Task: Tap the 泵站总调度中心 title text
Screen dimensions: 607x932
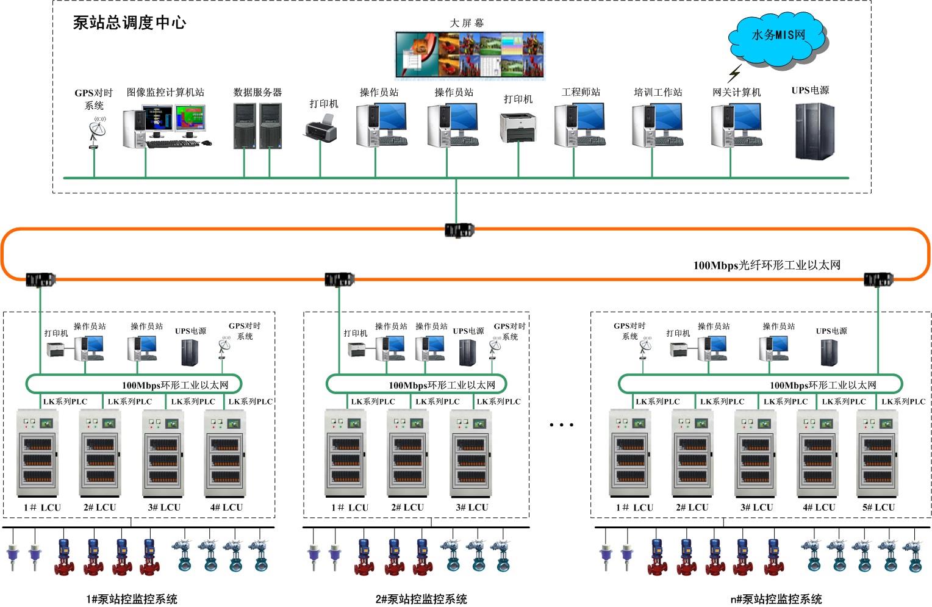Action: pyautogui.click(x=129, y=23)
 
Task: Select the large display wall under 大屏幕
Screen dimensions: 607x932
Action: pyautogui.click(x=469, y=55)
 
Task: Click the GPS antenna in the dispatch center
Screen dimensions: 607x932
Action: pyautogui.click(x=96, y=131)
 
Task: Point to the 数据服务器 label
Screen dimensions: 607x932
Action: pyautogui.click(x=257, y=93)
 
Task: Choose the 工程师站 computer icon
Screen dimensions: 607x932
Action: pyautogui.click(x=580, y=124)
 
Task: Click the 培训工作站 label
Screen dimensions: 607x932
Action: pyautogui.click(x=658, y=93)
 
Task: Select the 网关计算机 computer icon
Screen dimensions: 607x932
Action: pyautogui.click(x=736, y=124)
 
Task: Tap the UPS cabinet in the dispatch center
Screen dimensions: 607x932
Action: pyautogui.click(x=814, y=131)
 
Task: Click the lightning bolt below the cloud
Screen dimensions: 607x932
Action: pyautogui.click(x=734, y=74)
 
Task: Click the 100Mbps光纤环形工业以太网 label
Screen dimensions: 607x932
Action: pyautogui.click(x=767, y=265)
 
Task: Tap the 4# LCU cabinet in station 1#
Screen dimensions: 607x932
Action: pyautogui.click(x=225, y=454)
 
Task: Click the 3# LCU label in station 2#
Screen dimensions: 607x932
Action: pyautogui.click(x=471, y=508)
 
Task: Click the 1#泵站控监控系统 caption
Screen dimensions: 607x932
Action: pyautogui.click(x=132, y=599)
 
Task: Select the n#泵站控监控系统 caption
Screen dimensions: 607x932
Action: pyautogui.click(x=776, y=599)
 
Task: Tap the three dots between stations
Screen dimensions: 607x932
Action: pyautogui.click(x=561, y=425)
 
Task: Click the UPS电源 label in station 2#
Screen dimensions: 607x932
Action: pyautogui.click(x=468, y=331)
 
